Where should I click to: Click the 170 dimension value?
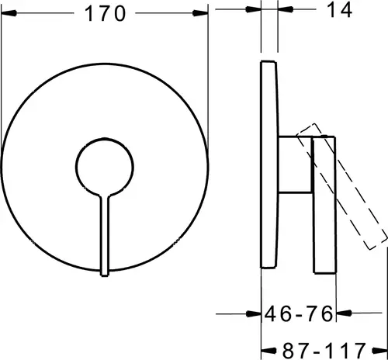pyautogui.click(x=106, y=13)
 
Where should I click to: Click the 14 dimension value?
pyautogui.click(x=339, y=10)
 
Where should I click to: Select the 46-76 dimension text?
pyautogui.click(x=299, y=313)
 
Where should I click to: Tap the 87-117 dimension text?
pyautogui.click(x=324, y=351)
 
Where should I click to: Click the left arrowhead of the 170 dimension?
pyautogui.click(x=9, y=13)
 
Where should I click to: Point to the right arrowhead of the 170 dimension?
pyautogui.click(x=200, y=13)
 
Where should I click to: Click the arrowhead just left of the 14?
pyautogui.click(x=286, y=9)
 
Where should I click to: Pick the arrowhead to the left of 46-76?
pyautogui.click(x=253, y=314)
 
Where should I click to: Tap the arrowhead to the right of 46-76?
pyautogui.click(x=344, y=313)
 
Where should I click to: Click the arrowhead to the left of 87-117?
pyautogui.click(x=269, y=351)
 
